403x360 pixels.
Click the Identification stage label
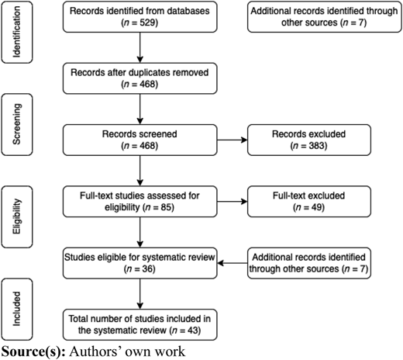[17, 32]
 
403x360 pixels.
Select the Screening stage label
[17, 124]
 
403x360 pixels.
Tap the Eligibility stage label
[17, 216]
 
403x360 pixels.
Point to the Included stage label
[17, 309]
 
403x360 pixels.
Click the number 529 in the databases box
[148, 22]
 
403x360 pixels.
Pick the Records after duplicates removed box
[140, 78]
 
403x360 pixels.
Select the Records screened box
[140, 140]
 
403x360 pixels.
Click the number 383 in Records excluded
[317, 146]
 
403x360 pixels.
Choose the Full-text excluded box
[309, 202]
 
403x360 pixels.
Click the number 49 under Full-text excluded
[317, 207]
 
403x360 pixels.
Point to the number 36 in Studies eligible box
[148, 269]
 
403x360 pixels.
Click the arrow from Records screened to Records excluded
[232, 140]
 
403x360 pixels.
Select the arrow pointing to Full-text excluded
[232, 202]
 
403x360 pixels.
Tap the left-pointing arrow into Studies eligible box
[232, 263]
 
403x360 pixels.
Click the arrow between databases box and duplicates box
[140, 47]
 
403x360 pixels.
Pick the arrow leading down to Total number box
[140, 294]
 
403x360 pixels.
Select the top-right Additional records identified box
[325, 17]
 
